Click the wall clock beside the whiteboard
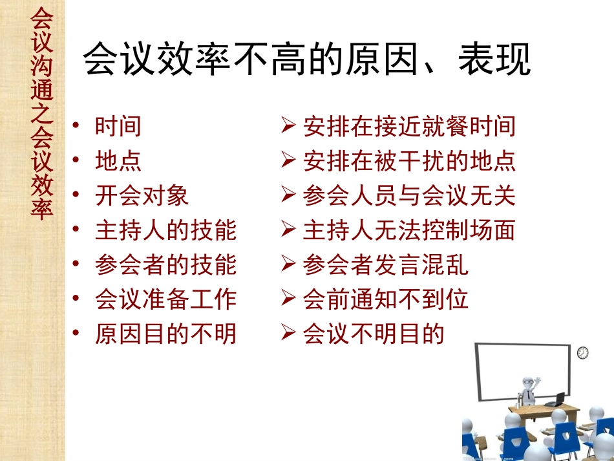pyautogui.click(x=583, y=352)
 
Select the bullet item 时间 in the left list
pyautogui.click(x=118, y=126)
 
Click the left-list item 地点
pyautogui.click(x=118, y=161)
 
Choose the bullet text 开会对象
pyautogui.click(x=142, y=196)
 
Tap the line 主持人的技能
pyautogui.click(x=165, y=230)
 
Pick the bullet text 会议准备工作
pyautogui.click(x=165, y=299)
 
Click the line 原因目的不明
pyautogui.click(x=165, y=334)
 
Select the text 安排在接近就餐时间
pyautogui.click(x=409, y=126)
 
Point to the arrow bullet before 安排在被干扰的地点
pyautogui.click(x=289, y=160)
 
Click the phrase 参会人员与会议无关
pyautogui.click(x=409, y=196)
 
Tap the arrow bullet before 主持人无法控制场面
pyautogui.click(x=289, y=230)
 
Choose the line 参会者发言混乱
pyautogui.click(x=386, y=265)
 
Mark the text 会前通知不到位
pyautogui.click(x=386, y=299)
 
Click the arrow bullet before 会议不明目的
pyautogui.click(x=289, y=334)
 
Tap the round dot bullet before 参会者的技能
pyautogui.click(x=78, y=264)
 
